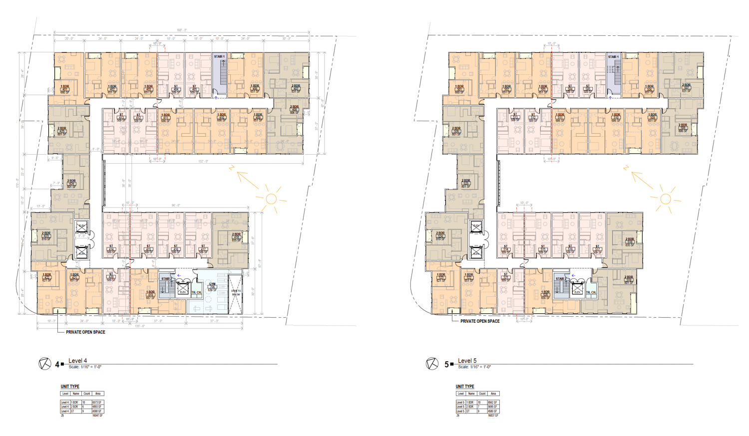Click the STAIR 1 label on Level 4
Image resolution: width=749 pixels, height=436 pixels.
(219, 57)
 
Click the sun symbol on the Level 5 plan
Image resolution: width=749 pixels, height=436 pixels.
(665, 199)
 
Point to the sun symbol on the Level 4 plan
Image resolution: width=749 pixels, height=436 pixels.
(271, 199)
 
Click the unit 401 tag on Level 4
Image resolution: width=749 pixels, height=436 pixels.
(64, 90)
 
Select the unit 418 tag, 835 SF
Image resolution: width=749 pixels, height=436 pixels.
(236, 237)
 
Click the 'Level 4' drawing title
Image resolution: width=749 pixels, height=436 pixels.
(77, 361)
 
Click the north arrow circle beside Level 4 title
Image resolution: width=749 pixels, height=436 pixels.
(44, 364)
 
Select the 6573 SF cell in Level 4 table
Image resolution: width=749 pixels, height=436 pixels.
(97, 402)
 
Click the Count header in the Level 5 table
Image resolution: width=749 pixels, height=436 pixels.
(482, 394)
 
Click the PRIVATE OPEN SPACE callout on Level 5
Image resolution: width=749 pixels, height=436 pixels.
(479, 321)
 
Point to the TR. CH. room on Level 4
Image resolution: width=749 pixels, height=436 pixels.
(197, 292)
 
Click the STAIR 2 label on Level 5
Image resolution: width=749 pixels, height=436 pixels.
(561, 279)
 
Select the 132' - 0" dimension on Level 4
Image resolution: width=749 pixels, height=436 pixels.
(203, 161)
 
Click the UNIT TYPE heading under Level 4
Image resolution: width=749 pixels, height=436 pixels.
(70, 387)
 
